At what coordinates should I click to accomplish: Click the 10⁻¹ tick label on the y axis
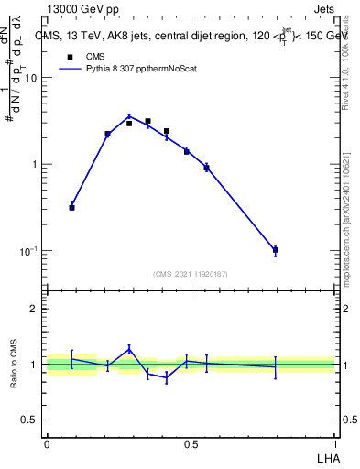point(28,251)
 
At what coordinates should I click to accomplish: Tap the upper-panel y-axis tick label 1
point(35,165)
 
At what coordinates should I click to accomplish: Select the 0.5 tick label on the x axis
point(191,443)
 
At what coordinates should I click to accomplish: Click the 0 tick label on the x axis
point(47,443)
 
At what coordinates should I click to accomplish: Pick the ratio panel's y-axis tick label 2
point(34,309)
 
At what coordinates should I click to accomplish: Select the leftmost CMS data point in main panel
point(71,208)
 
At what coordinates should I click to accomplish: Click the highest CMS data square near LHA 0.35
point(147,121)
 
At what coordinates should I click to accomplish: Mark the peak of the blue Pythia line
point(129,116)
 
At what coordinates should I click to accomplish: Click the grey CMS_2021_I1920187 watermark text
point(191,274)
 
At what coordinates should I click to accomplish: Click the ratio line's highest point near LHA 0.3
point(129,348)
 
